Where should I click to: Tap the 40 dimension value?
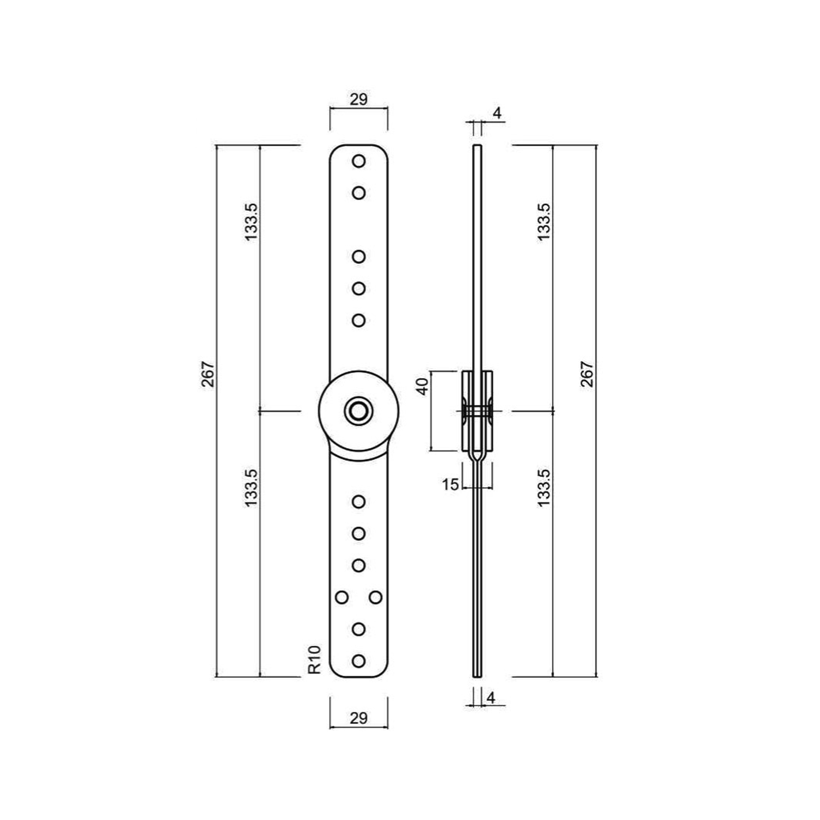pyautogui.click(x=423, y=386)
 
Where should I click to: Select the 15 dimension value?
pyautogui.click(x=451, y=484)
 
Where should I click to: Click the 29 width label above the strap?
pyautogui.click(x=359, y=99)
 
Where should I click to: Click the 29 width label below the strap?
pyautogui.click(x=359, y=718)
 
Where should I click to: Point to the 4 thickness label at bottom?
pyautogui.click(x=491, y=698)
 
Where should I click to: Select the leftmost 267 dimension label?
pyautogui.click(x=208, y=374)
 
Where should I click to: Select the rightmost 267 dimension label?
pyautogui.click(x=587, y=374)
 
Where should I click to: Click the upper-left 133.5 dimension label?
pyautogui.click(x=251, y=222)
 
